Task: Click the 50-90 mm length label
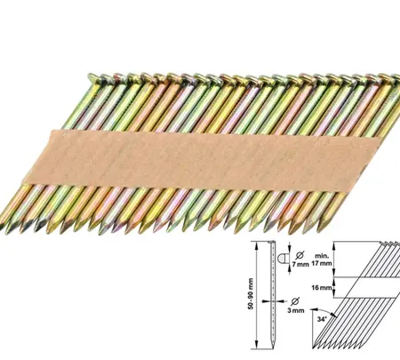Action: click(251, 294)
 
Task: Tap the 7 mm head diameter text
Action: click(300, 264)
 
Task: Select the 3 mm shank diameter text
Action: click(296, 310)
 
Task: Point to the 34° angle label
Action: click(322, 319)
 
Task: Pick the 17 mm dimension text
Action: click(322, 263)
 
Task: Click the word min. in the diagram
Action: click(321, 256)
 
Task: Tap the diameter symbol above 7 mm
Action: click(300, 255)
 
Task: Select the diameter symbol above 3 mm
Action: click(295, 301)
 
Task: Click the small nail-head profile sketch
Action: click(282, 259)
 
